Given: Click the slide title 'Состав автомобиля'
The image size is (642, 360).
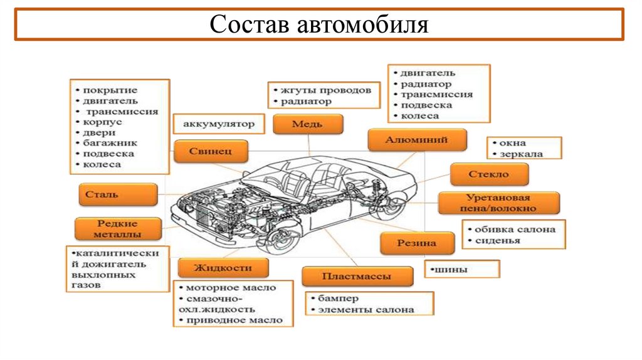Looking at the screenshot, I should click(319, 24).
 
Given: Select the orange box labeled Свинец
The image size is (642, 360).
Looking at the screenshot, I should click(211, 152).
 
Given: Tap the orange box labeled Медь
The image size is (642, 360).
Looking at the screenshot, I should click(308, 124).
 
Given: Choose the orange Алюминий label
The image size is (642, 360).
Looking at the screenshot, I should click(417, 140).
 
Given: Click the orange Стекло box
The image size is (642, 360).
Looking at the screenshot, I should click(488, 174).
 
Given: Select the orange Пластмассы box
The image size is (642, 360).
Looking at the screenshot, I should click(357, 276).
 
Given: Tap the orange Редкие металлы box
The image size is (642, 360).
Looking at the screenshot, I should click(117, 229).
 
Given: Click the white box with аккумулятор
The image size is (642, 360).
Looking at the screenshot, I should click(219, 124).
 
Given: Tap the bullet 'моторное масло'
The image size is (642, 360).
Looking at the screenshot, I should click(231, 288).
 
